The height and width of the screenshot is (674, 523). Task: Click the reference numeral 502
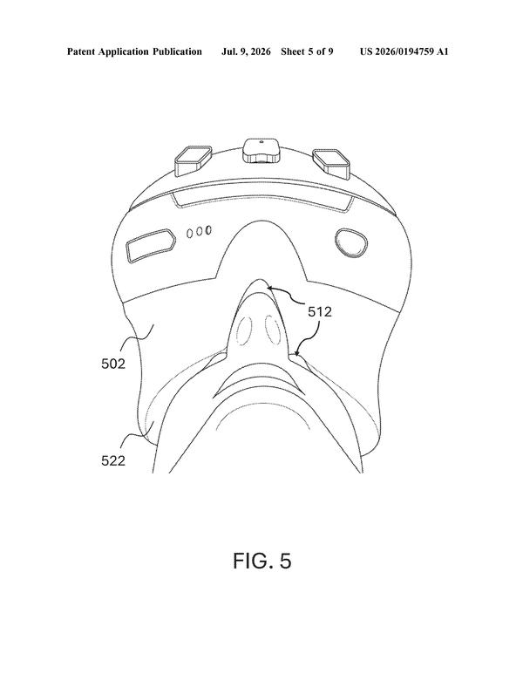(113, 364)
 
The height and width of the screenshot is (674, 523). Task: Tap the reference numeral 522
(113, 460)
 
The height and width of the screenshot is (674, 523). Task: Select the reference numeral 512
(320, 311)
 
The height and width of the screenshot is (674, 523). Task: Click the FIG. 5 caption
(262, 561)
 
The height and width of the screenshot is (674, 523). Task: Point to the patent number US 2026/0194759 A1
(404, 51)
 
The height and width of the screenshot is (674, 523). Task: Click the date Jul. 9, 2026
(246, 51)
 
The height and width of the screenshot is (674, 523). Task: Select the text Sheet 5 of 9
(307, 51)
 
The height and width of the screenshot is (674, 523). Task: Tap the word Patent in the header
(81, 51)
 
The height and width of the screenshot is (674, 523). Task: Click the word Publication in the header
(177, 51)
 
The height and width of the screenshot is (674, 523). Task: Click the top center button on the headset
(261, 150)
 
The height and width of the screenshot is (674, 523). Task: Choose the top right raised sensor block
(331, 162)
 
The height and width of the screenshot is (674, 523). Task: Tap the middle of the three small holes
(200, 232)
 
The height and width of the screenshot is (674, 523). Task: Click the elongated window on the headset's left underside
(151, 245)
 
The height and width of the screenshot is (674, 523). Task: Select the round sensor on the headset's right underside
(351, 243)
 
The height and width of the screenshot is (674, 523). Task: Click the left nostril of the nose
(244, 330)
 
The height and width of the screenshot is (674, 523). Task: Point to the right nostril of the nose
(273, 330)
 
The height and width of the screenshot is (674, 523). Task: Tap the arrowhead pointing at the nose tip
(268, 288)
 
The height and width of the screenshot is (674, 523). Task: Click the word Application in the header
(124, 51)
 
